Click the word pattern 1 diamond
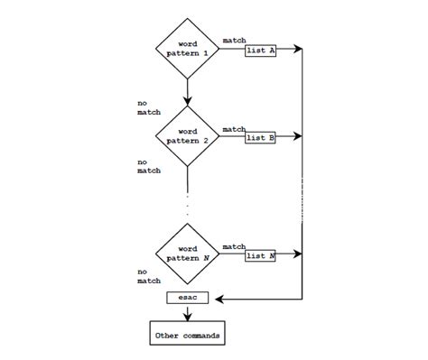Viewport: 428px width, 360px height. click(x=187, y=49)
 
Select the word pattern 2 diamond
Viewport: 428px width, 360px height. click(x=187, y=136)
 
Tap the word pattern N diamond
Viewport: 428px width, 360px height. click(x=187, y=254)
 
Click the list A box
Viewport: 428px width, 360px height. click(x=260, y=51)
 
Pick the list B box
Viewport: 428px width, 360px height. click(x=260, y=138)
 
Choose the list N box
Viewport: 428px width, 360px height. click(x=260, y=256)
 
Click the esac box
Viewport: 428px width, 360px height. click(x=187, y=298)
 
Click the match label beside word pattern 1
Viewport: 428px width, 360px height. click(x=234, y=41)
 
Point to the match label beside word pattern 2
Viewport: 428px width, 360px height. click(x=234, y=129)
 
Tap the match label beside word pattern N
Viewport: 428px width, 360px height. click(x=234, y=246)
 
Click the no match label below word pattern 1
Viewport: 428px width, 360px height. click(x=149, y=107)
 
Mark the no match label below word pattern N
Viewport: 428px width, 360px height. click(x=149, y=276)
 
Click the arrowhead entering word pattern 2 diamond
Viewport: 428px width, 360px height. click(x=187, y=101)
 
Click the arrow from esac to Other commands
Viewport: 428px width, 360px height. click(x=187, y=313)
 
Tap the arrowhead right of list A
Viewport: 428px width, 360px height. click(x=298, y=51)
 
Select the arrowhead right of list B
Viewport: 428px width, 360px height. click(x=298, y=138)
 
